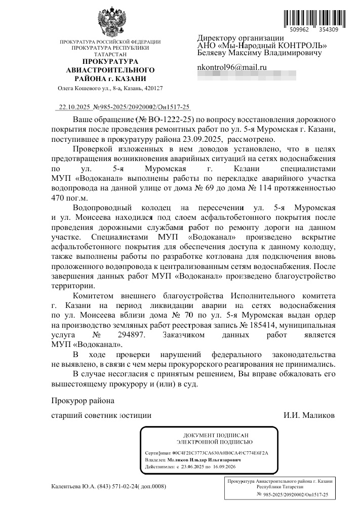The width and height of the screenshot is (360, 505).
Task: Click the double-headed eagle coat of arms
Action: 110,21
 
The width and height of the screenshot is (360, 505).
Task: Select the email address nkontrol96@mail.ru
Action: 232,67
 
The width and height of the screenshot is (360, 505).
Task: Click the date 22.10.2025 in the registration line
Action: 74,107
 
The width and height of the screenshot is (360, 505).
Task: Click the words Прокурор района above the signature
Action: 83,400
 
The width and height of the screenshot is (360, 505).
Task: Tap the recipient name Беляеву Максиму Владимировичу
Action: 259,53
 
